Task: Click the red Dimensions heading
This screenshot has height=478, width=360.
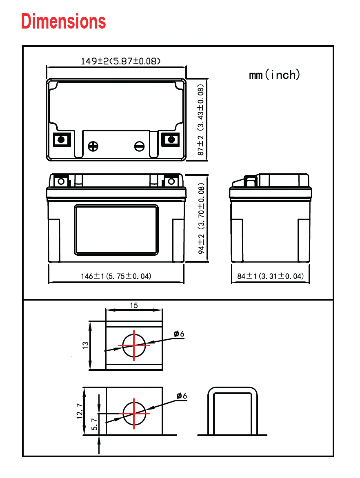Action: pyautogui.click(x=63, y=21)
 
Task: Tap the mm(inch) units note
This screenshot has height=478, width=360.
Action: pyautogui.click(x=275, y=75)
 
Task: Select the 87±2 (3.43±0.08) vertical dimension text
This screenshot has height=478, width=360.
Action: pyautogui.click(x=200, y=120)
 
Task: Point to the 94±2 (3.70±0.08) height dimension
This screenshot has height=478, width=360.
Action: pyautogui.click(x=201, y=219)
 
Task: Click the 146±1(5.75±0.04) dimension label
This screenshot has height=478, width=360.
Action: pyautogui.click(x=116, y=276)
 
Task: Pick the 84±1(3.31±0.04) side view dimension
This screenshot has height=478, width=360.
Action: pyautogui.click(x=271, y=276)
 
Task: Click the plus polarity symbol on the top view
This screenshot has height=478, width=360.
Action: pyautogui.click(x=93, y=146)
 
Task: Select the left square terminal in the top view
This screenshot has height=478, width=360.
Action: pyautogui.click(x=62, y=139)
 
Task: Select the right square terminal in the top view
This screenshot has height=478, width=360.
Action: pyautogui.click(x=170, y=139)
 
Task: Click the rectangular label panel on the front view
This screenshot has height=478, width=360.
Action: pyautogui.click(x=116, y=229)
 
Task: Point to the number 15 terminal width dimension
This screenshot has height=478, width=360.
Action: pyautogui.click(x=134, y=305)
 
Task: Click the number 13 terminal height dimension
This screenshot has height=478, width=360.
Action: pyautogui.click(x=85, y=345)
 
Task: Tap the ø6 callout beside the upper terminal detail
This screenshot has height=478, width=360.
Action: pyautogui.click(x=179, y=334)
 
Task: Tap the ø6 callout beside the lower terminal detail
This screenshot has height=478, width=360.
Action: pyautogui.click(x=182, y=396)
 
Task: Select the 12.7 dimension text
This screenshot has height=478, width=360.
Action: pyautogui.click(x=80, y=411)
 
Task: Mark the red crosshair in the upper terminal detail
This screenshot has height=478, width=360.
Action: pyautogui.click(x=134, y=345)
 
